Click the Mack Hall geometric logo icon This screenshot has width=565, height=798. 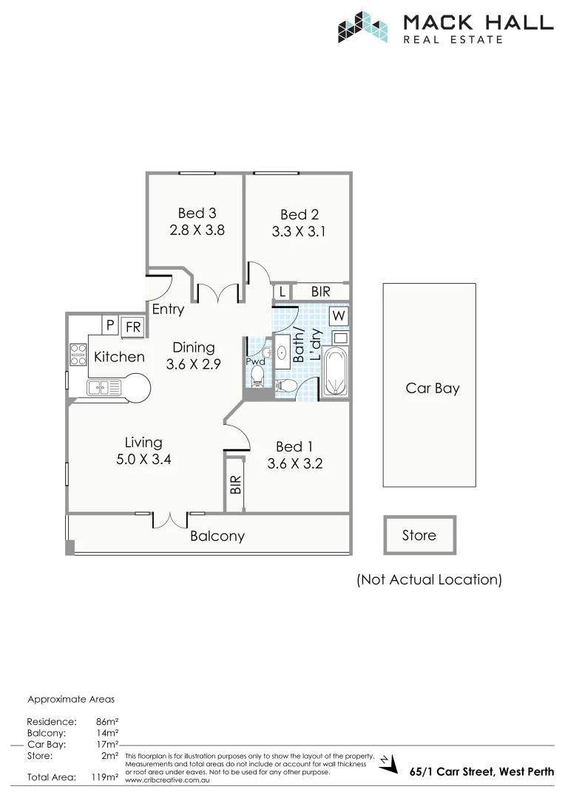(x=363, y=27)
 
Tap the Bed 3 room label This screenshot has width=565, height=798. (x=197, y=214)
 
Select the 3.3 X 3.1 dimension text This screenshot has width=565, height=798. (x=299, y=231)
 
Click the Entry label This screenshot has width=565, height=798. (x=168, y=310)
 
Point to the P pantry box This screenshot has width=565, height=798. (x=109, y=325)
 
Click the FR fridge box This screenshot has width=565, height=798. (x=133, y=326)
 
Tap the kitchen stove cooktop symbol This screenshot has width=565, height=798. (x=78, y=355)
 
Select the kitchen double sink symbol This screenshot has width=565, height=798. (x=104, y=387)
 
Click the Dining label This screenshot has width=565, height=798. (x=194, y=347)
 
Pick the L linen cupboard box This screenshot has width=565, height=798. (x=282, y=293)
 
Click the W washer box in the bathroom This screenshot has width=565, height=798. (x=339, y=316)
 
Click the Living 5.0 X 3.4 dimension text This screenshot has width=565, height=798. (x=143, y=459)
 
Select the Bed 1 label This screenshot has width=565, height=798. (x=294, y=446)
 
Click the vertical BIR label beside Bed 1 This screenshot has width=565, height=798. (x=235, y=485)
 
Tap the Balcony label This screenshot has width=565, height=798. (x=217, y=536)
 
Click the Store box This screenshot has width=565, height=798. (x=419, y=535)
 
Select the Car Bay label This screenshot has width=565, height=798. (x=433, y=388)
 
